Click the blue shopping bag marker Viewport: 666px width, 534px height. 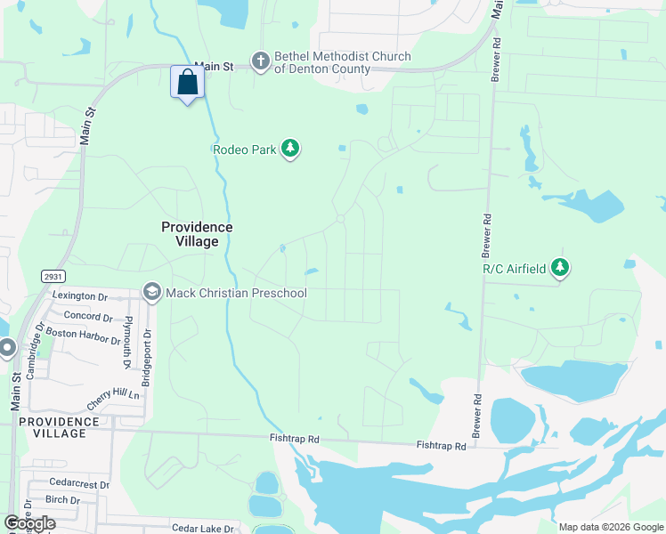tap(187, 84)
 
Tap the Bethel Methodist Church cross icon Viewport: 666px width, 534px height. tap(260, 61)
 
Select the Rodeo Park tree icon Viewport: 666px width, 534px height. tap(289, 149)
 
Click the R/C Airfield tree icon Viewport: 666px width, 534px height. tap(559, 266)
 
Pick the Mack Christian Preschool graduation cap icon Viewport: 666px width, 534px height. tap(151, 293)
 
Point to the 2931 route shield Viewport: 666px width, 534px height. tap(53, 277)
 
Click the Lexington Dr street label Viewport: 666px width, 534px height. tap(79, 296)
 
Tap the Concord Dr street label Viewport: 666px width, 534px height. tap(88, 317)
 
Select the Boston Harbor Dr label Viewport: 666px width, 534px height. tap(83, 336)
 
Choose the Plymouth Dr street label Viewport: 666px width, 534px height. tap(127, 341)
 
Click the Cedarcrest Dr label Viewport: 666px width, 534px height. tap(79, 485)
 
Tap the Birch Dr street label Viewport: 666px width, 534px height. tap(62, 500)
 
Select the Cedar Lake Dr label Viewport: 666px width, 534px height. tap(202, 528)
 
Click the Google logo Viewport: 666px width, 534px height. tap(29, 523)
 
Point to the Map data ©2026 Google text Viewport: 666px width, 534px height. tap(611, 527)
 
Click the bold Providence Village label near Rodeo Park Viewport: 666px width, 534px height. tap(197, 234)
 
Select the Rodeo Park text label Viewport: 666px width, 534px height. tap(245, 150)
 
